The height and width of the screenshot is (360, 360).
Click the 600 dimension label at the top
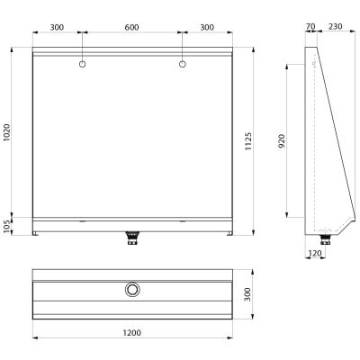coord(131,27)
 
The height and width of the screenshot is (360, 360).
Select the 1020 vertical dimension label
coord(6,132)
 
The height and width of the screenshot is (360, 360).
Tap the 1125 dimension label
coord(248,141)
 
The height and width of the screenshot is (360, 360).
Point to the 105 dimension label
coord(6,226)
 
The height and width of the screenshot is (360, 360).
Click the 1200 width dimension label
coord(132,333)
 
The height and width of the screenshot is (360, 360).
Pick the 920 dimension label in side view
coord(282,141)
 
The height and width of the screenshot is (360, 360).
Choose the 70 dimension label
coord(310,27)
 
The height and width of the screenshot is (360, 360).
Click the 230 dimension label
coord(335,27)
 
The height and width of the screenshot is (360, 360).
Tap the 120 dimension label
coord(315,254)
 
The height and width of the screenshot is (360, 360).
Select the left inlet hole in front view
coord(82,64)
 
